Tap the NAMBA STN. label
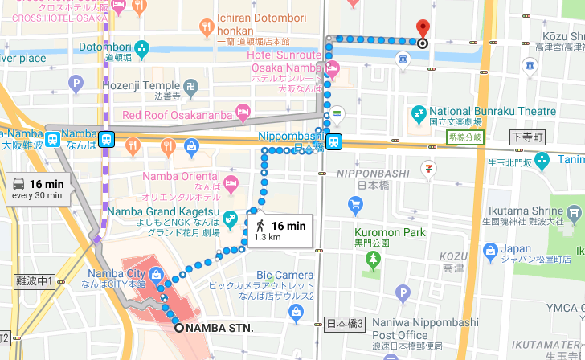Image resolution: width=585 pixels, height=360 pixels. (x=219, y=328)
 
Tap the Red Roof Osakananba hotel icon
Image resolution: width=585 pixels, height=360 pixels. (x=110, y=115)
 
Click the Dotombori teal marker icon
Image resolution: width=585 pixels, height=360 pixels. (x=143, y=48)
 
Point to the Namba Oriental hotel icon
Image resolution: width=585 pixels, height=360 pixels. (x=231, y=183)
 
